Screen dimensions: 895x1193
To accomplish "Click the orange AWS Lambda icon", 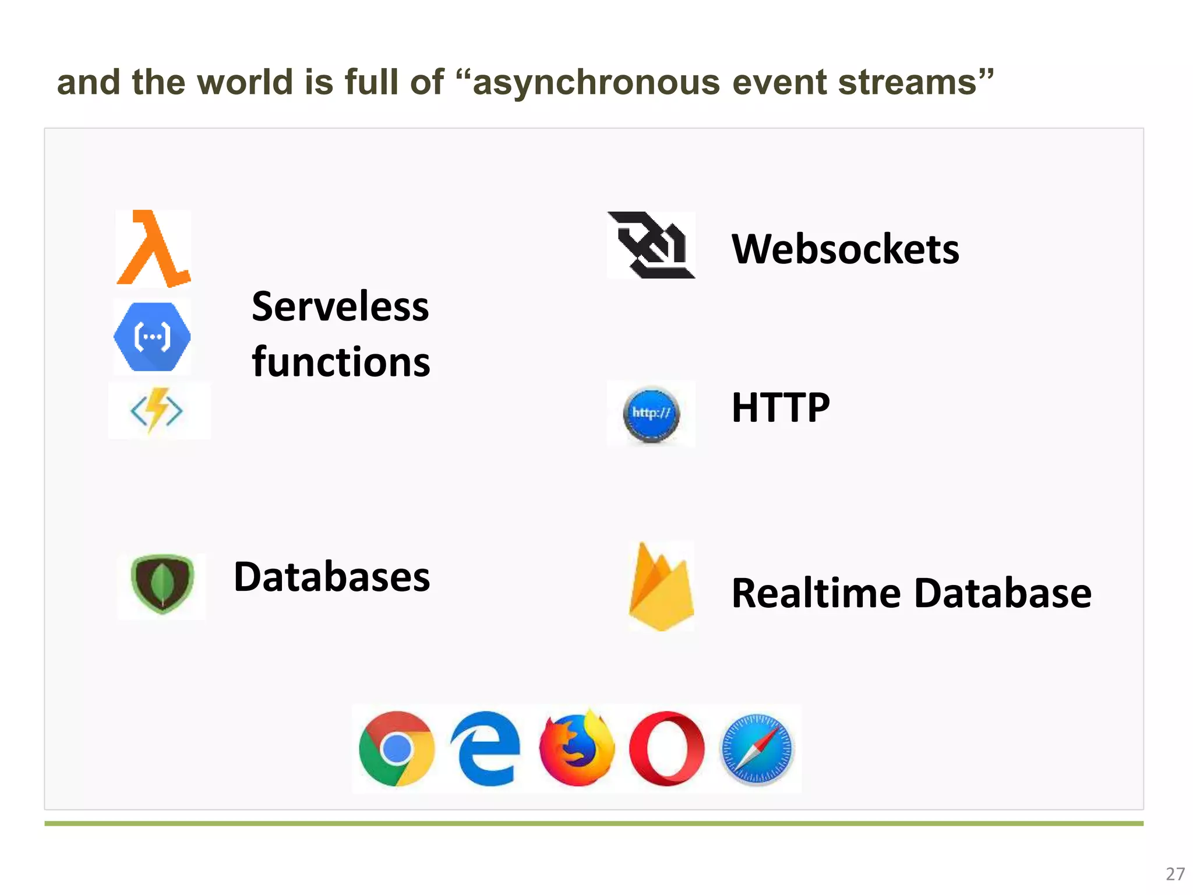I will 153,249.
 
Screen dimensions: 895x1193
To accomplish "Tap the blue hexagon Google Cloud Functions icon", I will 152,337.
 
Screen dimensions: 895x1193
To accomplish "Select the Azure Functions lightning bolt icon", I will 157,410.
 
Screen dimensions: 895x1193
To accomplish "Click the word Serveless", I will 340,306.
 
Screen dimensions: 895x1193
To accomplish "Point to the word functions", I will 341,362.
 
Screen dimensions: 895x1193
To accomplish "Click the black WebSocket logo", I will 651,245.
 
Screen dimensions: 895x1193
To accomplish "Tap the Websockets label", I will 845,249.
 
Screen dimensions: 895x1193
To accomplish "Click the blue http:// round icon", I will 651,414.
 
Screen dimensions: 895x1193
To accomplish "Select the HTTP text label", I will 781,407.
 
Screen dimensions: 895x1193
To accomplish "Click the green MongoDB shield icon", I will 162,584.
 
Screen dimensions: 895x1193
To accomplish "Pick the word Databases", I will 332,577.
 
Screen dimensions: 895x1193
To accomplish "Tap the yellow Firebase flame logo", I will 661,587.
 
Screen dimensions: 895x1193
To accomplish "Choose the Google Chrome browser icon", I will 397,749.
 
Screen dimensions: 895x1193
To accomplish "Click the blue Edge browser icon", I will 486,749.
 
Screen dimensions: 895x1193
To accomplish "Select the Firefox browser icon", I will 576,749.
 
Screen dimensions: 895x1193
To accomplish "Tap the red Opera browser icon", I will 666,749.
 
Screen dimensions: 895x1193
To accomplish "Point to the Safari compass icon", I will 757,749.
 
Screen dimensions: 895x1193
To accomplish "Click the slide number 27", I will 1175,874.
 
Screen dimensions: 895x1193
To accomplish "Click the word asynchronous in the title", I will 596,82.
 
